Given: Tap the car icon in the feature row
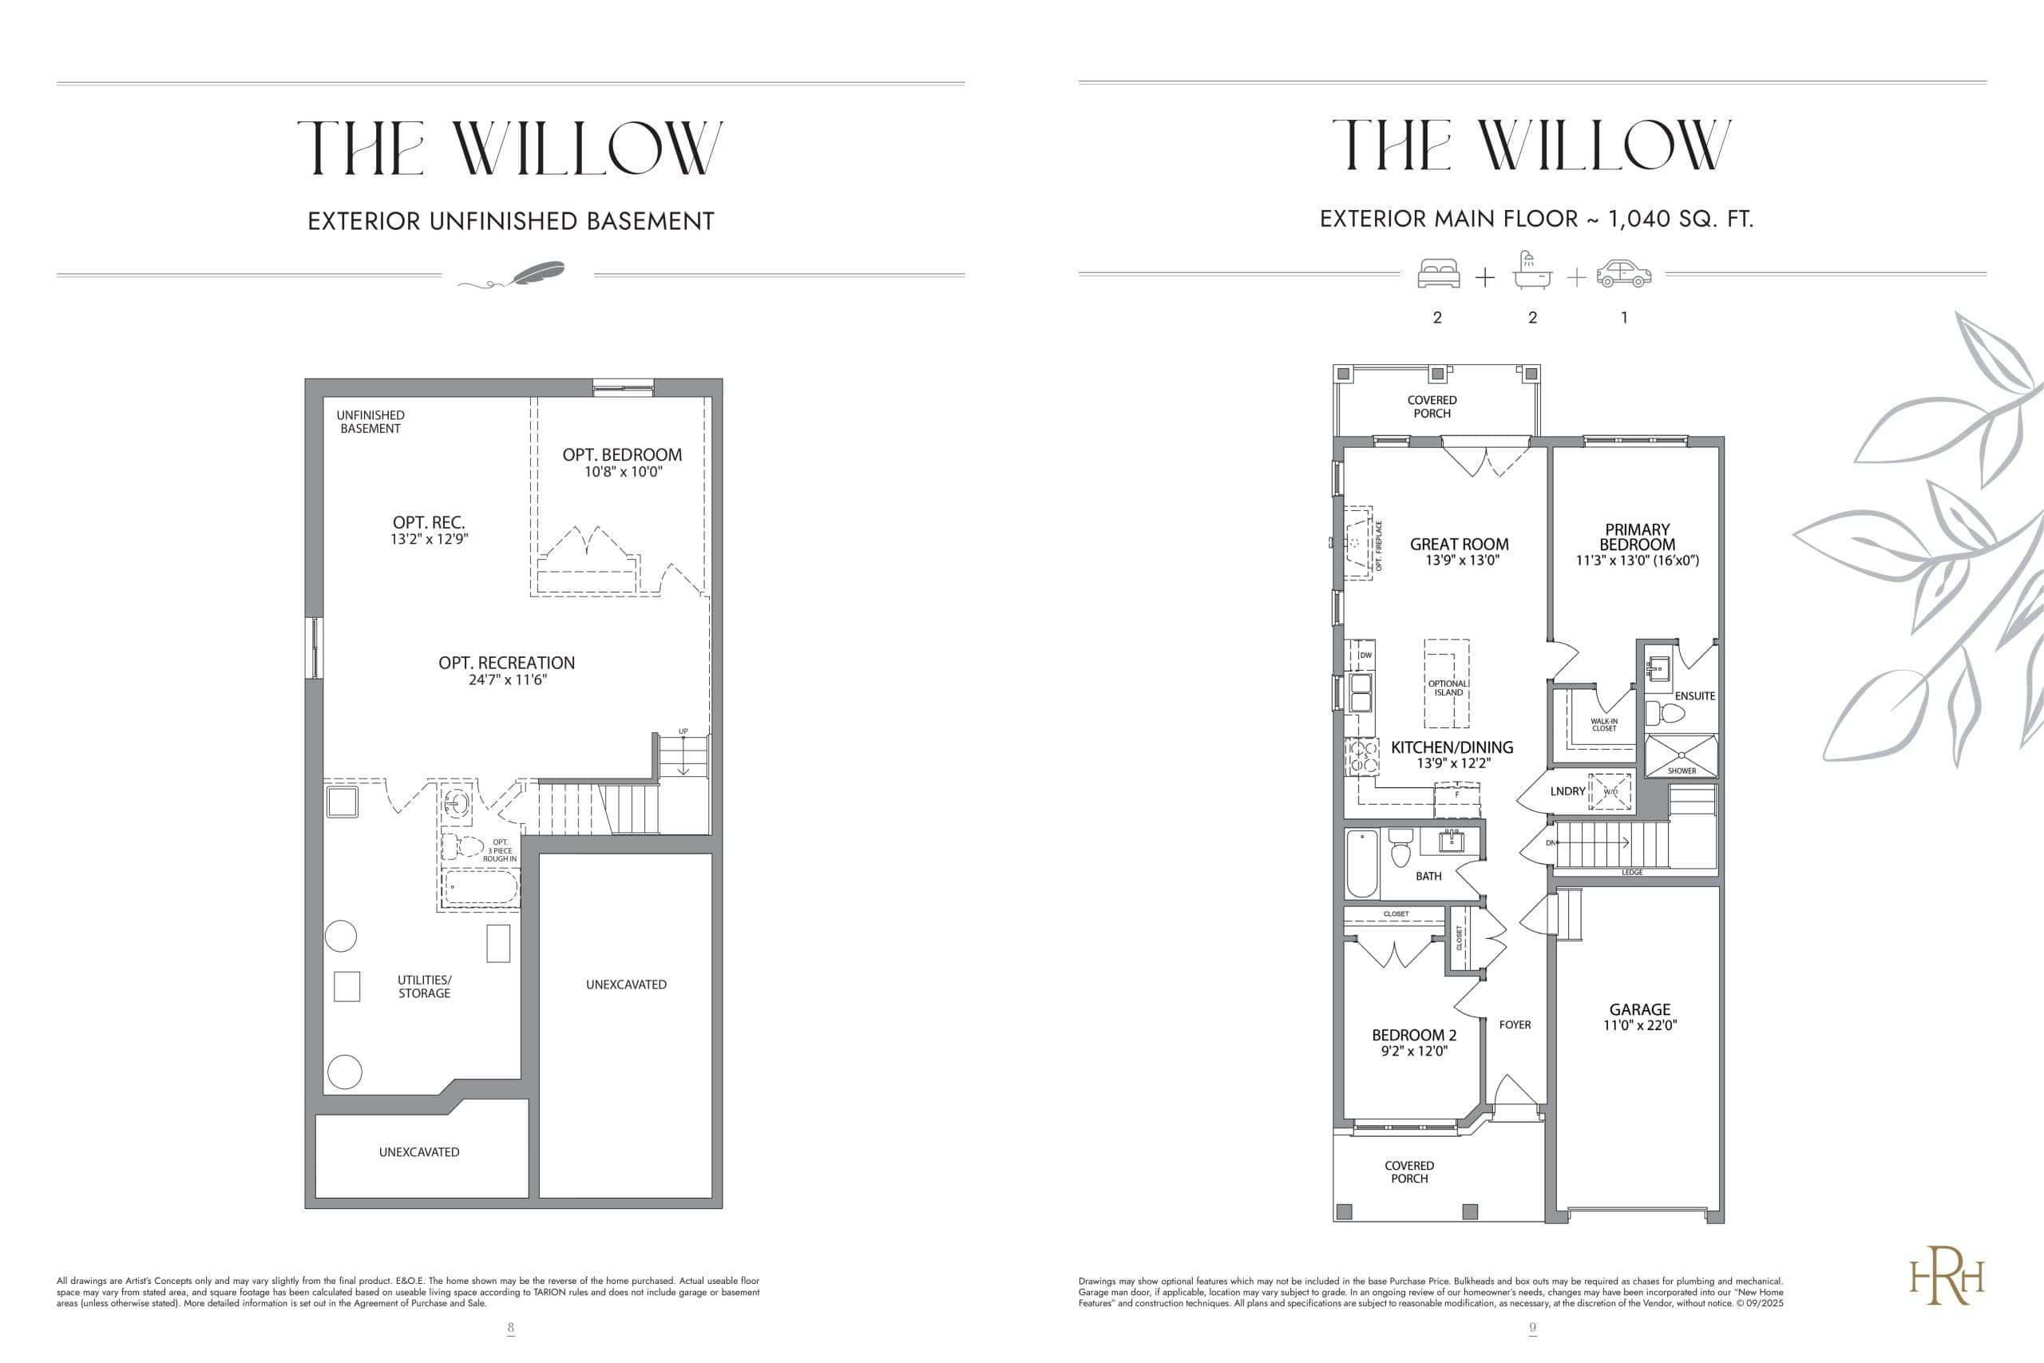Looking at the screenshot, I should click(1623, 274).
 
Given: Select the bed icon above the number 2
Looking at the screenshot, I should click(1438, 274).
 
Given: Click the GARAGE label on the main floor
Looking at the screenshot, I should click(1639, 1009).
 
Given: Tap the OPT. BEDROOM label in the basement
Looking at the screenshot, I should click(622, 454).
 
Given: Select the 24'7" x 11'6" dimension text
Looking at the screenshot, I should click(508, 680).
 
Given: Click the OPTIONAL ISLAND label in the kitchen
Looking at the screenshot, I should click(1448, 687).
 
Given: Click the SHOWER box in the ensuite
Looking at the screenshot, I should click(1682, 755).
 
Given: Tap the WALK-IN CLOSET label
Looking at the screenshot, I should click(1603, 724).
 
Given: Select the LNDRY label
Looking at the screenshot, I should click(1567, 791).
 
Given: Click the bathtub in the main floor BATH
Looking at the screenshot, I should click(1362, 863).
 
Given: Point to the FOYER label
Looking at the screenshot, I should click(1515, 1025).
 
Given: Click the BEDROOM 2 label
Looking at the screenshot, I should click(1414, 1036).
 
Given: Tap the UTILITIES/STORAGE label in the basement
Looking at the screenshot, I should click(424, 987).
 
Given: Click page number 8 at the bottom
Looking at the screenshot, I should click(511, 1327).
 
